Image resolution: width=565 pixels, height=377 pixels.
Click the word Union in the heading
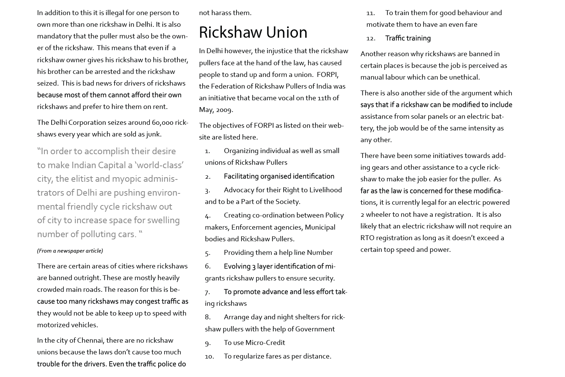286,32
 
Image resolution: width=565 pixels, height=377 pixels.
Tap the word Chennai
90,340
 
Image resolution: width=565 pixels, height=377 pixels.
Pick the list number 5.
208,253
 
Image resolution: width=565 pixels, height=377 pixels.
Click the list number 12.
371,38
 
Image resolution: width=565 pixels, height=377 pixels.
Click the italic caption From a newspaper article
70,251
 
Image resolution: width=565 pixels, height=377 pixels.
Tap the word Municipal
320,227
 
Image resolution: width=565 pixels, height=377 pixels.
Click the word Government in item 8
315,329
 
